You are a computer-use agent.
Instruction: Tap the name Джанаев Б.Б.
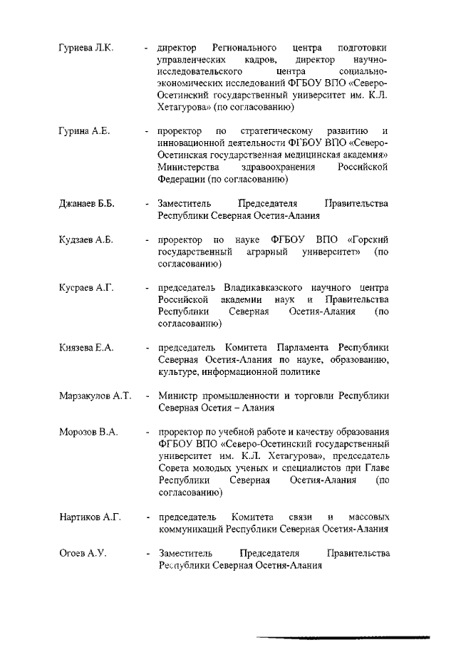pyautogui.click(x=85, y=203)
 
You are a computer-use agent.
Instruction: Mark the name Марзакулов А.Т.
pyautogui.click(x=95, y=396)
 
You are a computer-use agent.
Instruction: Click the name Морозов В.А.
pyautogui.click(x=88, y=432)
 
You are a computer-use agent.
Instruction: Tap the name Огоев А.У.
pyautogui.click(x=82, y=553)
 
